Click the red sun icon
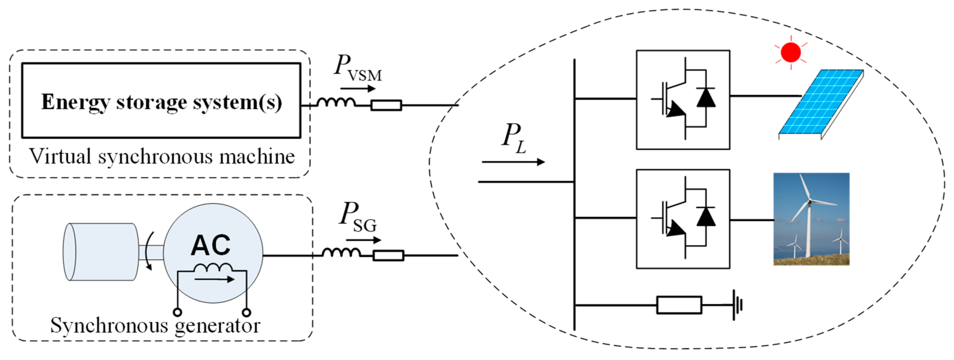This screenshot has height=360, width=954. coord(791,53)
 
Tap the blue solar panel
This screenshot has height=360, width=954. coord(820,102)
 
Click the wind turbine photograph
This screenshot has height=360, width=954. coord(811,219)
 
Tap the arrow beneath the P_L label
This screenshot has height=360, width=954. coord(513,162)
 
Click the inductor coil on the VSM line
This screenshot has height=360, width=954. coord(336,103)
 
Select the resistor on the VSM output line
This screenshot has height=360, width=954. coord(386,105)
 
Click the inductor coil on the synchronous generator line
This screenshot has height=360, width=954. coord(341,253)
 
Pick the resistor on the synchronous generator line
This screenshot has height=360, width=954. coord(388,255)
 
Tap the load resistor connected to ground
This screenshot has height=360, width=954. coord(679,305)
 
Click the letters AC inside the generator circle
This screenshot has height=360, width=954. coord(210,245)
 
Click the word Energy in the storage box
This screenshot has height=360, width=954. coord(75,102)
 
